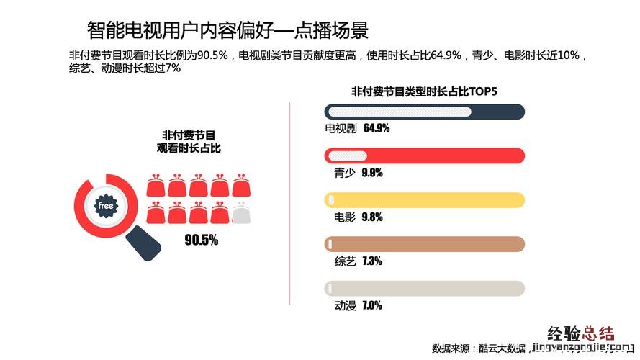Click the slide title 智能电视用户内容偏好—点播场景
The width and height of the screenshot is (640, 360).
(x=227, y=30)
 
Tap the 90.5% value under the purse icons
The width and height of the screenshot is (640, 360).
(x=201, y=240)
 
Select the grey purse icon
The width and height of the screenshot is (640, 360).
(x=243, y=213)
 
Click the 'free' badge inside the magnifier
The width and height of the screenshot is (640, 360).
(x=106, y=206)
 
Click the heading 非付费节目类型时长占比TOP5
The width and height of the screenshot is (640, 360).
(x=424, y=91)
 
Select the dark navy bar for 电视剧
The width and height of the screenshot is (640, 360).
(x=425, y=112)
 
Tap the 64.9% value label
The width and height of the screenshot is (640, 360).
(x=377, y=129)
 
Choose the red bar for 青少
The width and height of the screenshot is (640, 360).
(x=425, y=156)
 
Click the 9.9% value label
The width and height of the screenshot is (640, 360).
(x=372, y=173)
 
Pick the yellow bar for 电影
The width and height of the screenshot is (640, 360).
(x=425, y=199)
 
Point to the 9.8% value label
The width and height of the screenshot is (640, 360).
(x=372, y=217)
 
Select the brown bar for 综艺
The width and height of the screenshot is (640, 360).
(x=425, y=243)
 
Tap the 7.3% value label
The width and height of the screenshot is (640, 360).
(x=372, y=261)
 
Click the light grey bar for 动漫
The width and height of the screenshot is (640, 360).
(x=425, y=288)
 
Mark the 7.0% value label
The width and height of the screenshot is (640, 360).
(x=372, y=305)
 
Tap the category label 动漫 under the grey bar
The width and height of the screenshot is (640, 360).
(x=346, y=305)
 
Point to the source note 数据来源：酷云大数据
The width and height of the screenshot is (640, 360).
(x=479, y=348)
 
